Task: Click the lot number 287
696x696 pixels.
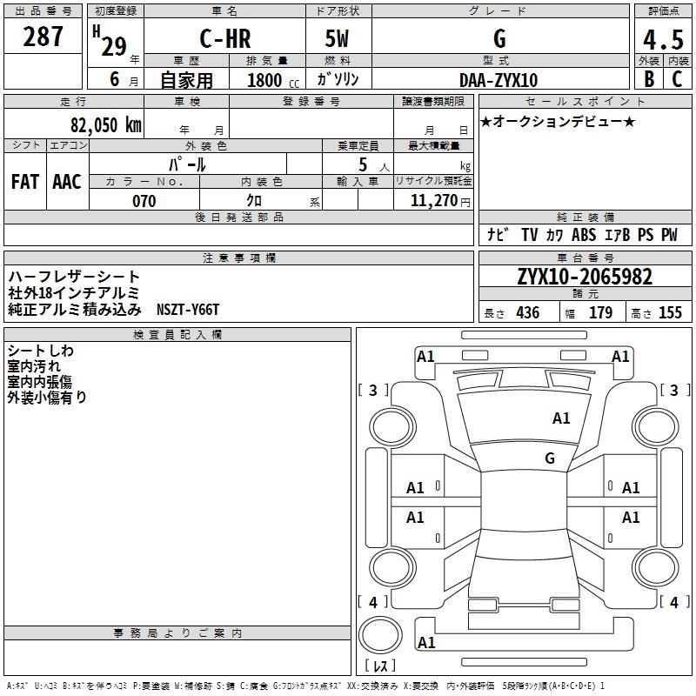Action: [x=43, y=37]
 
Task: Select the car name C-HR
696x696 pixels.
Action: [x=225, y=38]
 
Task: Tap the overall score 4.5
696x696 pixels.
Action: [x=663, y=40]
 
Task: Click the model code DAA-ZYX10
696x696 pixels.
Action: [x=499, y=80]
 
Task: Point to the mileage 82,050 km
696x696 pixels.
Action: [x=106, y=124]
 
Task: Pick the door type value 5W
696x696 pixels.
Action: [x=337, y=38]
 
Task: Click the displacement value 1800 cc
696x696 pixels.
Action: [x=273, y=80]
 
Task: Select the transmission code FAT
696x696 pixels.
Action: [x=25, y=182]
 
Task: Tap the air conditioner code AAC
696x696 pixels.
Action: [x=67, y=182]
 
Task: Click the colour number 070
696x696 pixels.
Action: [x=144, y=201]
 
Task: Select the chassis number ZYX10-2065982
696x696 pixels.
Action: [x=585, y=277]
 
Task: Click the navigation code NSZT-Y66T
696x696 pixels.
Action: [x=188, y=310]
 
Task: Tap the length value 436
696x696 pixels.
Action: [x=528, y=312]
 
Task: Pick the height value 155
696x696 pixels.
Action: [x=670, y=312]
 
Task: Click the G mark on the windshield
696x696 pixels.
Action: [x=550, y=458]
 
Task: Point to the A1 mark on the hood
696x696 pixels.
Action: [x=561, y=418]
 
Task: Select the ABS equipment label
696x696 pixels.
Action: [x=584, y=235]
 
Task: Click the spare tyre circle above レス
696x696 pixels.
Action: [x=380, y=634]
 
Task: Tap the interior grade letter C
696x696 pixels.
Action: [x=677, y=78]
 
